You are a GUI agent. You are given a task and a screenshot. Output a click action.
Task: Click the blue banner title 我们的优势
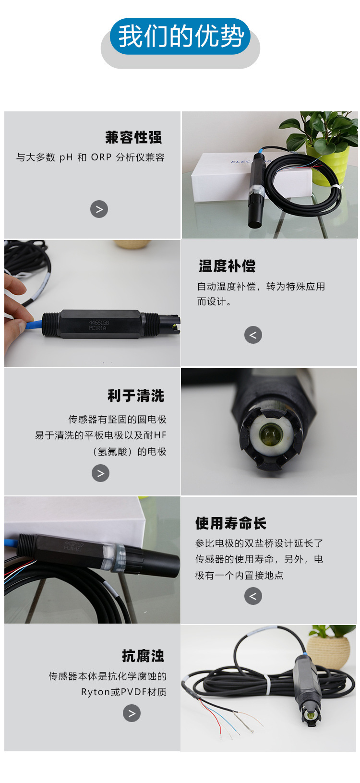180,36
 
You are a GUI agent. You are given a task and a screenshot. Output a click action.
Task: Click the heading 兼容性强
133,137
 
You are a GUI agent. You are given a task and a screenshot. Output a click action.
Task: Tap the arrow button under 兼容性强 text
99,209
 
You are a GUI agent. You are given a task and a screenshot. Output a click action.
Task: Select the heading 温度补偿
227,266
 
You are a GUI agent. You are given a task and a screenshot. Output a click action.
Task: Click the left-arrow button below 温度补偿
253,335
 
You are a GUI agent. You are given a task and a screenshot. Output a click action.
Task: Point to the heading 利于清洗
136,396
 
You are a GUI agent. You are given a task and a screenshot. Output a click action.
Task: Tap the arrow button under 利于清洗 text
100,473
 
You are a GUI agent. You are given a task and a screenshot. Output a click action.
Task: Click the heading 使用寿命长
230,523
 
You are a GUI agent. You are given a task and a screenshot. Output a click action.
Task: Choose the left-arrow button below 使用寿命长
253,596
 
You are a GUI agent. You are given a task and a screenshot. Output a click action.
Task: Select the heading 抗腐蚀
143,655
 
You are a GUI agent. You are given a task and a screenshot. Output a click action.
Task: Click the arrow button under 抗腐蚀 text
132,713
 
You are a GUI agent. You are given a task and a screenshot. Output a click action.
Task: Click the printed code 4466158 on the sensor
99,323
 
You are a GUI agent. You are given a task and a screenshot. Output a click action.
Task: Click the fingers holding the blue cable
14,307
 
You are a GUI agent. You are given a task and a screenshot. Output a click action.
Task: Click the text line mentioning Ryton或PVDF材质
124,692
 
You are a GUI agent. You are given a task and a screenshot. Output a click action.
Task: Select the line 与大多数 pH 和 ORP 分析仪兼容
90,157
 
